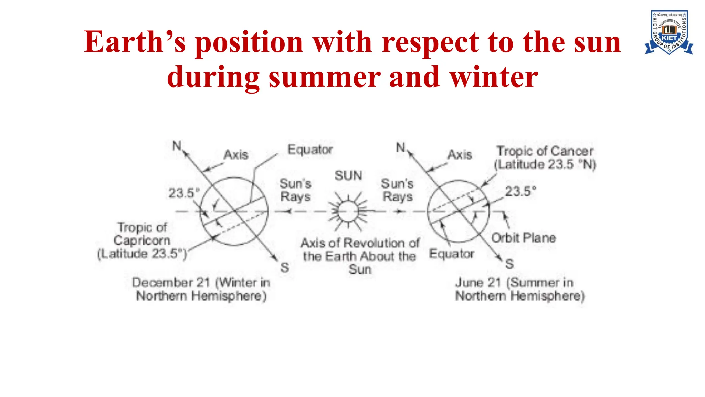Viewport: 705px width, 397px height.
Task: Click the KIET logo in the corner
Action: pos(669,32)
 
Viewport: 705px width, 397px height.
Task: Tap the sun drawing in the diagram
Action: pos(348,211)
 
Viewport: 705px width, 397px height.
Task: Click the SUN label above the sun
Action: pos(348,176)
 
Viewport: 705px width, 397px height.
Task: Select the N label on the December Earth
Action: pos(177,146)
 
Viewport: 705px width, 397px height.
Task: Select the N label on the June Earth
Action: pos(400,147)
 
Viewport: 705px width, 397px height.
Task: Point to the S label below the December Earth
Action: pos(285,267)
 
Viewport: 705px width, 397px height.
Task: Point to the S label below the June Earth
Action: pos(509,264)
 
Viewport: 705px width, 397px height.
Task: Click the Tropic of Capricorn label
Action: pos(142,241)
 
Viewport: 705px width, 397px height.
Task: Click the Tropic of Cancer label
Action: pos(545,157)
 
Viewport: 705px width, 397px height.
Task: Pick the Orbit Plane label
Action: pos(523,238)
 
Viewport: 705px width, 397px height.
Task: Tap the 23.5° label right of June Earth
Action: pos(520,191)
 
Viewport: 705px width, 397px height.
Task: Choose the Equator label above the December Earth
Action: pos(310,150)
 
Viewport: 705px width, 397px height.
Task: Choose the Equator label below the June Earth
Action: pos(452,254)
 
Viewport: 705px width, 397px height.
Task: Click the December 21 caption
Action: pos(201,289)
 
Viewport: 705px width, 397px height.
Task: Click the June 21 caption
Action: pos(520,289)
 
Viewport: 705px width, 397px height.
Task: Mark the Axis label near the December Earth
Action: pos(236,155)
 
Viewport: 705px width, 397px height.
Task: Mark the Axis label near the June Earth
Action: pos(460,155)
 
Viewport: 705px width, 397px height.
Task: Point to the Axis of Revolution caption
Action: pos(360,256)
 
